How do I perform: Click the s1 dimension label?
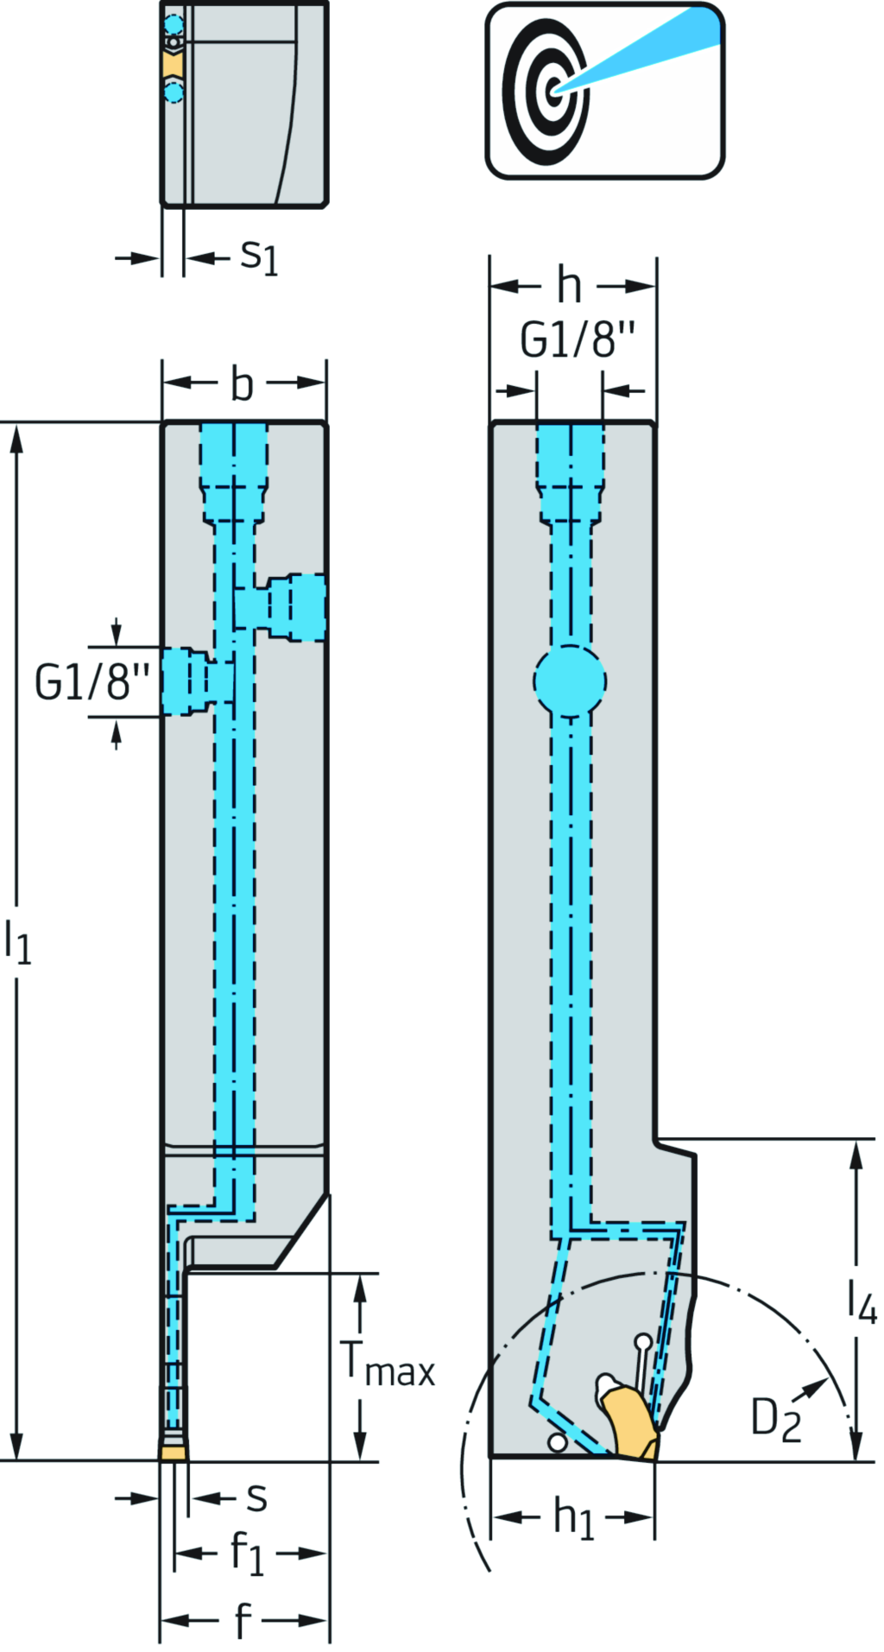point(259,256)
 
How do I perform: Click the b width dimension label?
point(243,384)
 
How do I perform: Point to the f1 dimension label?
point(247,1554)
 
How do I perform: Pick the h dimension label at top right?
point(569,286)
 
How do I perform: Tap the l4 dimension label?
point(861,1301)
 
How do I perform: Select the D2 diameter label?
point(775,1419)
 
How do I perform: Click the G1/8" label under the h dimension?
point(578,339)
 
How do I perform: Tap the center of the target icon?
point(553,90)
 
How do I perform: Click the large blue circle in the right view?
point(570,680)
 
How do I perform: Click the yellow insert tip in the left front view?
point(174,1453)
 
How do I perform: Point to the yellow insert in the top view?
point(172,65)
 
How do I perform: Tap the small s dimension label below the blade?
point(256,1498)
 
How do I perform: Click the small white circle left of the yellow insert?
point(558,1442)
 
